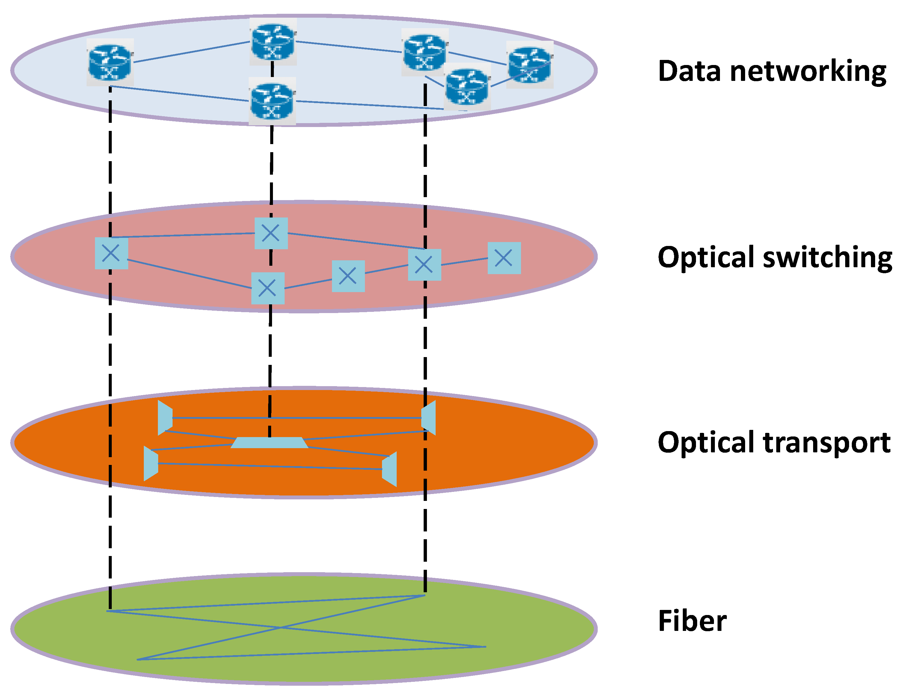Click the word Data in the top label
click(689, 71)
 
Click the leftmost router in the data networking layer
click(110, 63)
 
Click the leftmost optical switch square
click(111, 253)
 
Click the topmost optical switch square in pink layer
click(271, 233)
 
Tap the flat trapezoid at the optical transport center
click(270, 442)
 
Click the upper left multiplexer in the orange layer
click(165, 418)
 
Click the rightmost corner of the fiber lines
click(485, 646)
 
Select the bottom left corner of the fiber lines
click(138, 659)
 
